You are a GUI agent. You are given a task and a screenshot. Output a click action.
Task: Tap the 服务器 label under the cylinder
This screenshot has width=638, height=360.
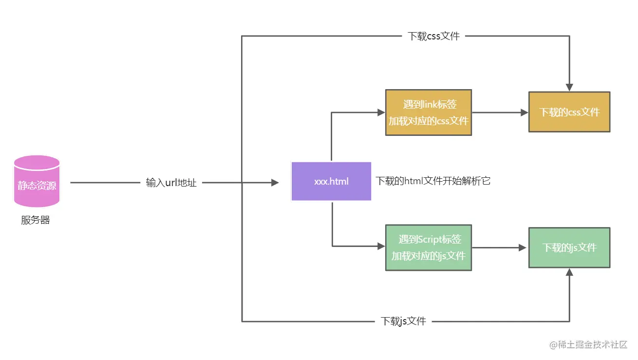tap(35, 220)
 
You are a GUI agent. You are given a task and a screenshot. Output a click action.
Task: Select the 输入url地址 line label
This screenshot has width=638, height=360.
tap(171, 183)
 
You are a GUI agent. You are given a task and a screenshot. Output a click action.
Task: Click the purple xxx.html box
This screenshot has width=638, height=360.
tap(331, 181)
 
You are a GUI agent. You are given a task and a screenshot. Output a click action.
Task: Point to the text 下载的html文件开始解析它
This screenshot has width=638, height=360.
tap(432, 181)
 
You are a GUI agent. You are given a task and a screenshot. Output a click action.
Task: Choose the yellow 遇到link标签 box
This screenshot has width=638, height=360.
tap(428, 113)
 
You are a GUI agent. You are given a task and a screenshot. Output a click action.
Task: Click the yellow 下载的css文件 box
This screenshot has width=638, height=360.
tap(569, 112)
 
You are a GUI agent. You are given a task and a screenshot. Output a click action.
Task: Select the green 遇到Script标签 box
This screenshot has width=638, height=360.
tap(428, 247)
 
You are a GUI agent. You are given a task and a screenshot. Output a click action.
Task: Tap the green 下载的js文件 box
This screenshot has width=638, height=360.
tap(569, 247)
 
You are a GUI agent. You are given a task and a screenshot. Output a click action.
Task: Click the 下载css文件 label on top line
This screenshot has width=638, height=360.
tap(433, 36)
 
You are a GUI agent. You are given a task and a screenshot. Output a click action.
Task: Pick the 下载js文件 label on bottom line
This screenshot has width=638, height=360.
tap(403, 321)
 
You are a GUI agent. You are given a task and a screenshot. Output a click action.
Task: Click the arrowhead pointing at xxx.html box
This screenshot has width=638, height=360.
tap(275, 183)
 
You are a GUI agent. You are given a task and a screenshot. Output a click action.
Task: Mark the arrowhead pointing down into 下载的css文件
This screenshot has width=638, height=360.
tap(569, 87)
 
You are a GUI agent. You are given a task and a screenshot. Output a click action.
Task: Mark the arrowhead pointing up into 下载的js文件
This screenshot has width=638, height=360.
tap(569, 272)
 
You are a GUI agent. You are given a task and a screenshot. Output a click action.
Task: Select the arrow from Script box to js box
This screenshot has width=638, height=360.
tap(500, 247)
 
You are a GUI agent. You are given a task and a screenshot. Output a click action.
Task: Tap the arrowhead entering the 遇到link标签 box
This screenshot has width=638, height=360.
tap(381, 113)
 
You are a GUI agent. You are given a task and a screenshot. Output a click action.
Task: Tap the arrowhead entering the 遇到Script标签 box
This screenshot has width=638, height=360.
tap(381, 246)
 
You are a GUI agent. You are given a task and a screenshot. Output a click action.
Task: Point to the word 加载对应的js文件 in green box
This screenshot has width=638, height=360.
tap(428, 256)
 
